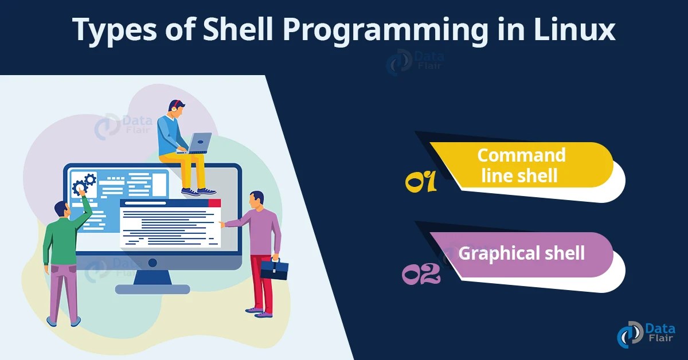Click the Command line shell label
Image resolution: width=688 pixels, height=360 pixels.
pyautogui.click(x=521, y=165)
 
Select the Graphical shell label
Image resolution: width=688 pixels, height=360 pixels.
pyautogui.click(x=521, y=253)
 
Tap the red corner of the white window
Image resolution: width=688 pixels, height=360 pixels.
pyautogui.click(x=214, y=203)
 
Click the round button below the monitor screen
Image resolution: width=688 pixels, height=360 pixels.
pyautogui.click(x=153, y=263)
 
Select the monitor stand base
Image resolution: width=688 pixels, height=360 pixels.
pyautogui.click(x=152, y=289)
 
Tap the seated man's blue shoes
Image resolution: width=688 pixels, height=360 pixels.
pyautogui.click(x=198, y=191)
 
